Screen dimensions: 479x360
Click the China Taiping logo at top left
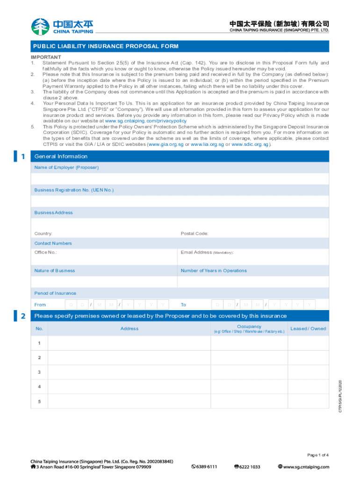(x=62, y=26)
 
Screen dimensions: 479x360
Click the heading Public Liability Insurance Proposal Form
(x=105, y=46)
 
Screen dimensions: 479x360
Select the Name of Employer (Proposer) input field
(x=180, y=179)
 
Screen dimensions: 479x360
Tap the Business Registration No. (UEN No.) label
(x=74, y=190)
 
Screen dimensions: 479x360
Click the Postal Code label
(x=194, y=233)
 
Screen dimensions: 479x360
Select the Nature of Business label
(x=55, y=270)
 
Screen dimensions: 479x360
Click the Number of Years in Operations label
(x=214, y=270)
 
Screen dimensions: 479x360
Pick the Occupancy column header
(x=249, y=327)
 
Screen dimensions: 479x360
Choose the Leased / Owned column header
(x=308, y=328)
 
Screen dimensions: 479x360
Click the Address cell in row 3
(x=130, y=372)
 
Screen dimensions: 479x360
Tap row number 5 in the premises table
(x=39, y=401)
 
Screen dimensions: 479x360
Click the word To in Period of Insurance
(x=183, y=305)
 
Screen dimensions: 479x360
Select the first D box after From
(x=71, y=305)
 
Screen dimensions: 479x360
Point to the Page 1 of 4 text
(x=318, y=455)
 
